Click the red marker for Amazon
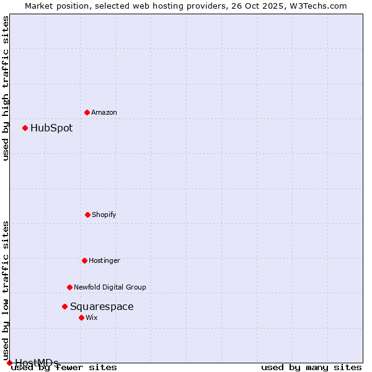pos(87,112)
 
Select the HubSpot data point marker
pos(25,128)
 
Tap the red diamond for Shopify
pos(87,215)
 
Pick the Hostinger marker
pos(84,260)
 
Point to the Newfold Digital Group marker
pos(69,287)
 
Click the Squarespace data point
pos(64,306)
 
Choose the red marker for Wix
pos(81,317)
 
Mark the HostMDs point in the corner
pos(9,363)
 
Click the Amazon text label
pos(104,112)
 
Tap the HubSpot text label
pos(51,128)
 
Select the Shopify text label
pos(104,215)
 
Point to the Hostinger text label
pos(104,260)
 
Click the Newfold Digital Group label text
pos(110,287)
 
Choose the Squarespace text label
pos(102,306)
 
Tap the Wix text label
pos(92,317)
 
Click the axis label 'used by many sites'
pos(311,367)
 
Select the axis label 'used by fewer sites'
pos(64,367)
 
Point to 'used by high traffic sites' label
pos(6,88)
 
